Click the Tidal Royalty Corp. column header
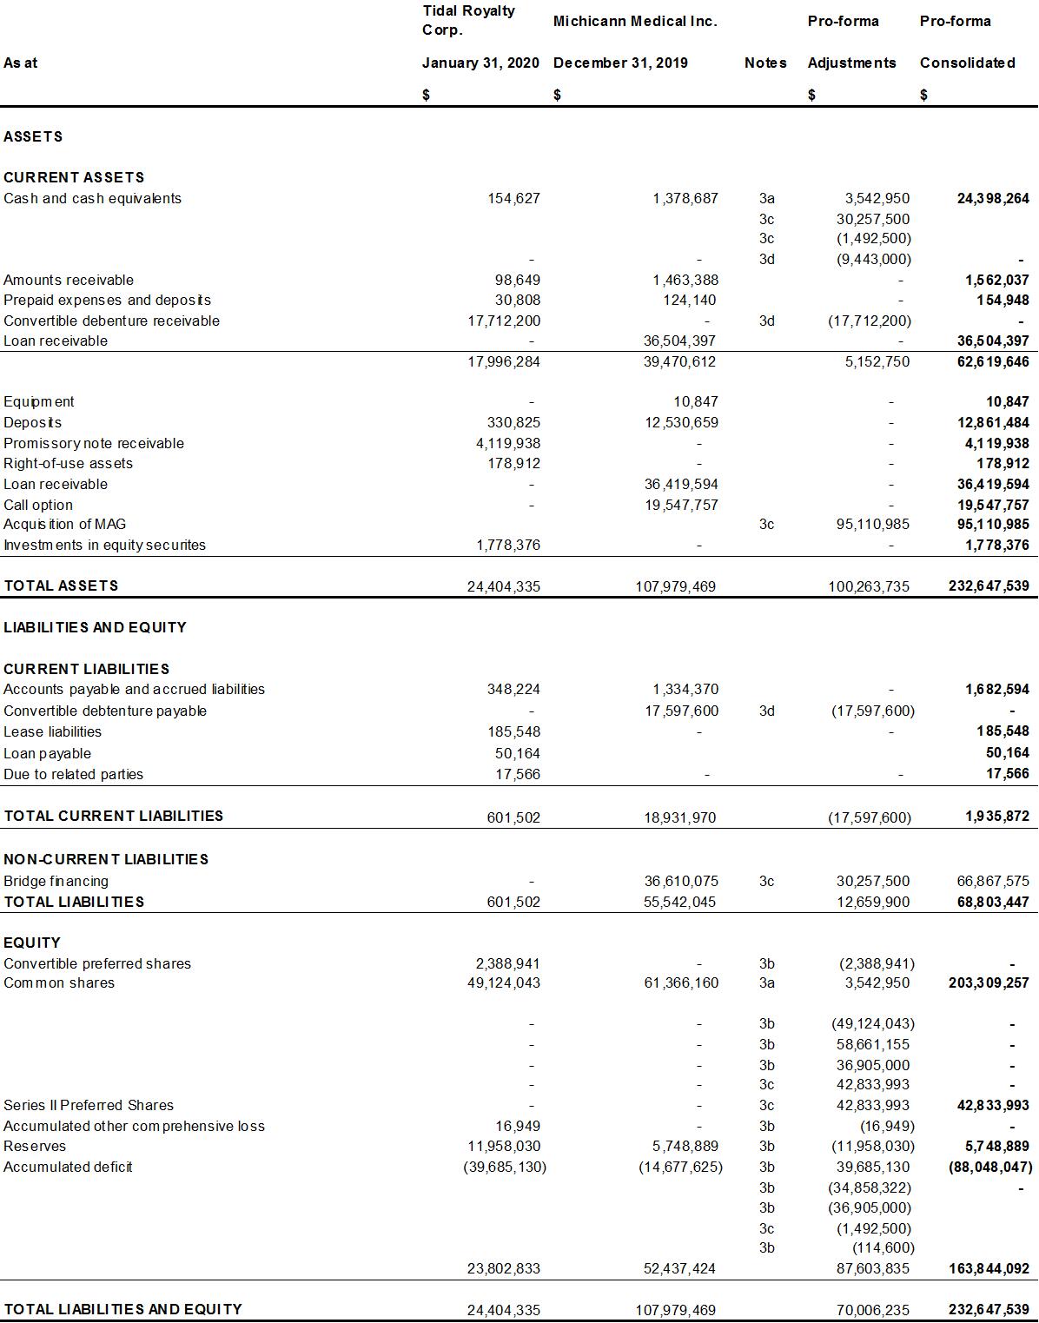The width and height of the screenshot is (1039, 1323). pyautogui.click(x=468, y=20)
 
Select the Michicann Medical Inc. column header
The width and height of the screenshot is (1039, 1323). pyautogui.click(x=635, y=21)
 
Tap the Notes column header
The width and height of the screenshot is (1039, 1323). pyautogui.click(x=765, y=63)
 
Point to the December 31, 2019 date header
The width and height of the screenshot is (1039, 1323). pyautogui.click(x=620, y=63)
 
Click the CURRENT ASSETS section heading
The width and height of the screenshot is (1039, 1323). pyautogui.click(x=74, y=177)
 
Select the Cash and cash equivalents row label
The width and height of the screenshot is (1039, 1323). pyautogui.click(x=92, y=198)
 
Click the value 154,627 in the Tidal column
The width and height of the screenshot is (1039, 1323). pyautogui.click(x=513, y=198)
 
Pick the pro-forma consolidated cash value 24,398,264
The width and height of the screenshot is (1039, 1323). pyautogui.click(x=993, y=198)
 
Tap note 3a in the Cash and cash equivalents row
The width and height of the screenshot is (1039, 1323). pyautogui.click(x=766, y=198)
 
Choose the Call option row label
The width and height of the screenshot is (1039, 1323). pyautogui.click(x=38, y=505)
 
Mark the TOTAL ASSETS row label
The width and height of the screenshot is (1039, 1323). pyautogui.click(x=61, y=585)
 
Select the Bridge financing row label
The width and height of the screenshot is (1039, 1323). pyautogui.click(x=56, y=881)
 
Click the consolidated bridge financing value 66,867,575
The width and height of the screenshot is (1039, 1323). pyautogui.click(x=992, y=881)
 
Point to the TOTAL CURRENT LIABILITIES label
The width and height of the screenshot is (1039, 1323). pyautogui.click(x=113, y=816)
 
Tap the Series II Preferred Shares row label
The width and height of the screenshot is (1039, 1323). pyautogui.click(x=89, y=1105)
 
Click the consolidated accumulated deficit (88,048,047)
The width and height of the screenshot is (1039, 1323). pyautogui.click(x=989, y=1168)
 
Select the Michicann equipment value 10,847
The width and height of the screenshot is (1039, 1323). pyautogui.click(x=695, y=401)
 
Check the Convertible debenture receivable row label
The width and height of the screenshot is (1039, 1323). pyautogui.click(x=111, y=321)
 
